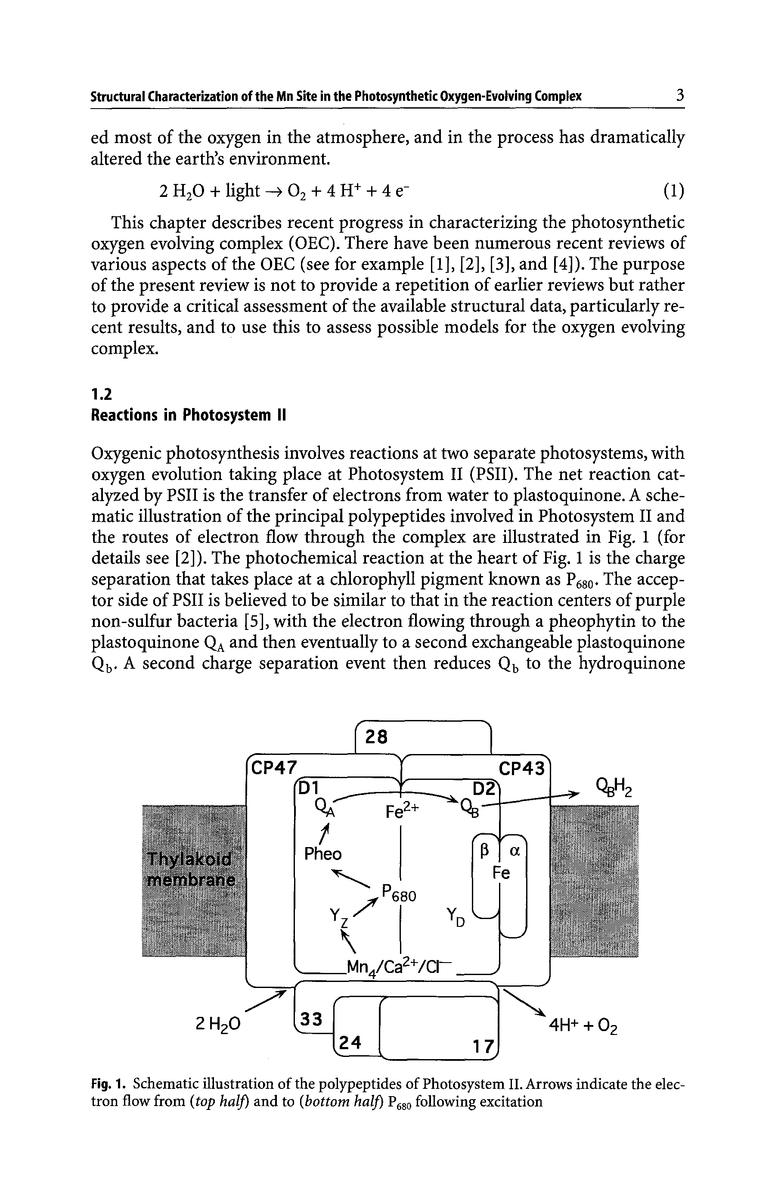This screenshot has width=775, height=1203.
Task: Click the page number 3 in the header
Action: pos(679,95)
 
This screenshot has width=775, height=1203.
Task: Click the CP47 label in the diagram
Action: pos(274,767)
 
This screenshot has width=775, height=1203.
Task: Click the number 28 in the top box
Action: pos(376,737)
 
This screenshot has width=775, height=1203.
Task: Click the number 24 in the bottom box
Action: pos(351,1042)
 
